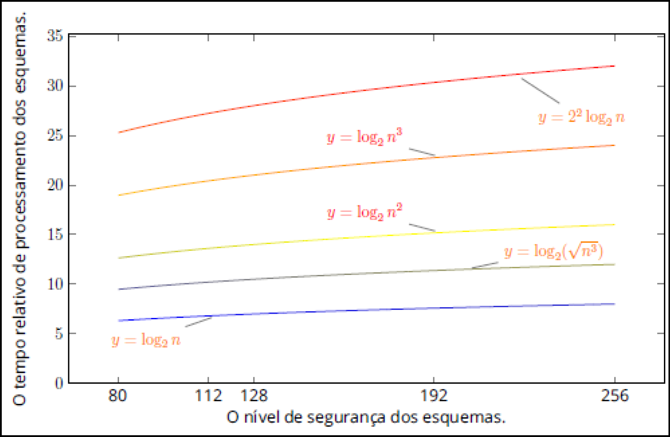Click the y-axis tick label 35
pyautogui.click(x=55, y=36)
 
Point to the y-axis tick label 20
pyautogui.click(x=55, y=185)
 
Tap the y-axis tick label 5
pyautogui.click(x=59, y=333)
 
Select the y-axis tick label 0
pyautogui.click(x=59, y=383)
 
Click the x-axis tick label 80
pyautogui.click(x=118, y=395)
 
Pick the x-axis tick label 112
pyautogui.click(x=208, y=395)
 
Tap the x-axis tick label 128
pyautogui.click(x=254, y=395)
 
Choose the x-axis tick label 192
pyautogui.click(x=434, y=395)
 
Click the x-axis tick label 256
pyautogui.click(x=615, y=395)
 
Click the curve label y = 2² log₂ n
pyautogui.click(x=581, y=117)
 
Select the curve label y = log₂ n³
pyautogui.click(x=364, y=138)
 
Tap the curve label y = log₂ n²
pyautogui.click(x=364, y=212)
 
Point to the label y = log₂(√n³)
pyautogui.click(x=553, y=251)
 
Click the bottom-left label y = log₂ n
pyautogui.click(x=146, y=340)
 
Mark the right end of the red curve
pyautogui.click(x=615, y=66)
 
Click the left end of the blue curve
pyautogui.click(x=119, y=321)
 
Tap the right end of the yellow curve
pyautogui.click(x=615, y=225)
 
